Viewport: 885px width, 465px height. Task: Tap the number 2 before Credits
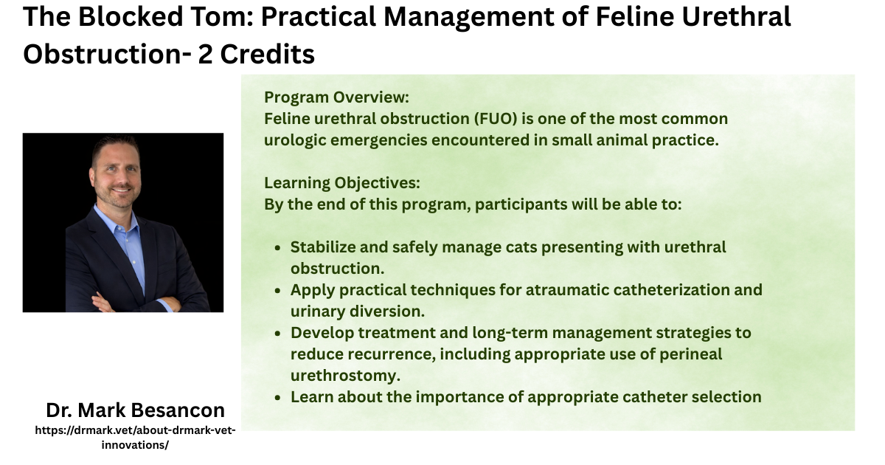pyautogui.click(x=205, y=54)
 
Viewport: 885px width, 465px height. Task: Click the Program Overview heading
pyautogui.click(x=336, y=97)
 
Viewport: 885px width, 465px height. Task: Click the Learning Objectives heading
pyautogui.click(x=342, y=183)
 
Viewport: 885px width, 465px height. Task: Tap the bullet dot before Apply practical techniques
pyautogui.click(x=277, y=291)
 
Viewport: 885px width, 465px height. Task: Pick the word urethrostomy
pyautogui.click(x=346, y=376)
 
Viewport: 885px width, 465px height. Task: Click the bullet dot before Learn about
pyautogui.click(x=277, y=398)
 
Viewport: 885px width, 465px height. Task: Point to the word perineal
pyautogui.click(x=690, y=354)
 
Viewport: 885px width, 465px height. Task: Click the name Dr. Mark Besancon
pyautogui.click(x=135, y=410)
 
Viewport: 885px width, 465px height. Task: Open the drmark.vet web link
pyautogui.click(x=135, y=437)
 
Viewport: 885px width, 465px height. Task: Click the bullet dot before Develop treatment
pyautogui.click(x=277, y=334)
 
